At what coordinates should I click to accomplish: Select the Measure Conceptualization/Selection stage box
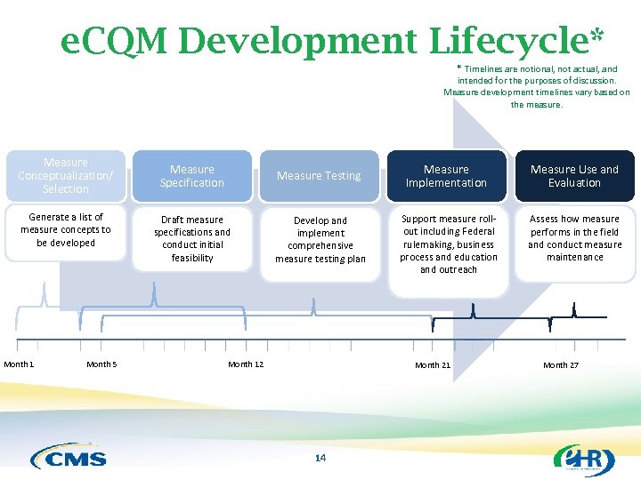coord(66,176)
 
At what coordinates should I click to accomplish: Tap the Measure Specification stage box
coord(192,176)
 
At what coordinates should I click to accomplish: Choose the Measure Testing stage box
coord(319,176)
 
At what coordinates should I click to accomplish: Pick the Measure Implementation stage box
coord(446,176)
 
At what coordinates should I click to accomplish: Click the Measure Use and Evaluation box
coord(574,176)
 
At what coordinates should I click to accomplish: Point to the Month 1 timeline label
coord(19,364)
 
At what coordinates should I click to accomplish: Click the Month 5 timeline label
coord(101,364)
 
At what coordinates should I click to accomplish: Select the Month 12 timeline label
coord(246,364)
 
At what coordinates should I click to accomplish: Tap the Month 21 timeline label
coord(433,365)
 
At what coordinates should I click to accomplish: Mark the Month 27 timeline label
coord(561,365)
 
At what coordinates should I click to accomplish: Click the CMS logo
coord(69,457)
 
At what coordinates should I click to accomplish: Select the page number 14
coord(320,458)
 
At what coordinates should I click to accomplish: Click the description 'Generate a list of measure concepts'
coord(66,229)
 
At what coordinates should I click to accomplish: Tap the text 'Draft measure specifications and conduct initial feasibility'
coord(192,238)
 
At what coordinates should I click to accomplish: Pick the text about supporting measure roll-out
coord(448,244)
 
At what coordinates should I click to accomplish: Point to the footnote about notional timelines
coord(537,86)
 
